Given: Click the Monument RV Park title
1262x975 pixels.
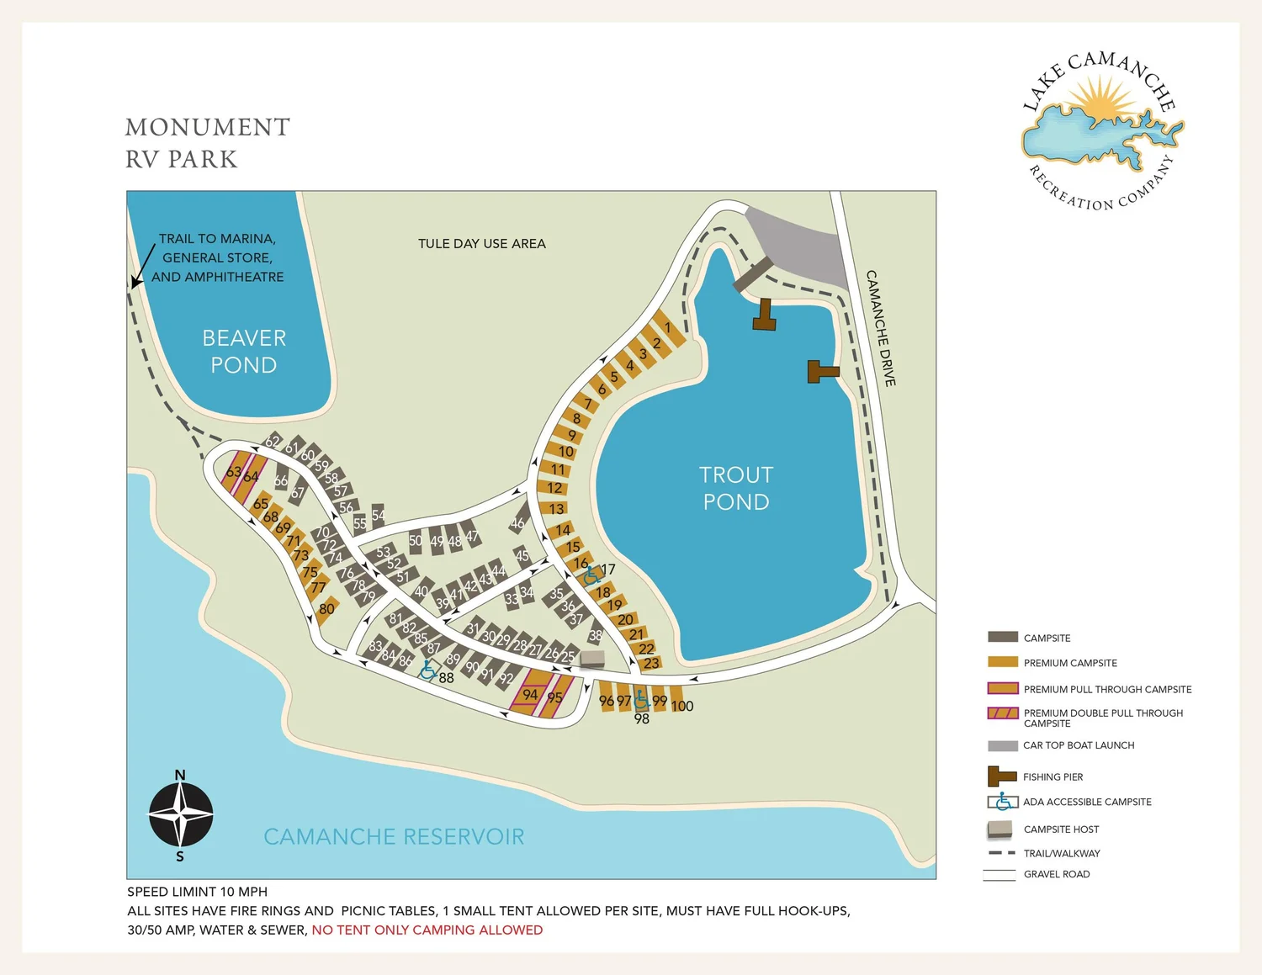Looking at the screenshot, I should point(207,143).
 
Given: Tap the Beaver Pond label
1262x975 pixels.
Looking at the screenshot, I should point(244,351).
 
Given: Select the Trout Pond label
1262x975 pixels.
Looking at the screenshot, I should point(736,488).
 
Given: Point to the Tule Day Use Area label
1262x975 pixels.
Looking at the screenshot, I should point(481,244).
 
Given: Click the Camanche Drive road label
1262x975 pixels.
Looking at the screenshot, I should point(881,328).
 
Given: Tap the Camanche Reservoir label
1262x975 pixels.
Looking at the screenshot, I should point(394,836).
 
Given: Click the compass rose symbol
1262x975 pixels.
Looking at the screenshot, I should point(181,814).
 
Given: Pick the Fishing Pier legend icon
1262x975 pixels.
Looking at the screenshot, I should point(1001,776).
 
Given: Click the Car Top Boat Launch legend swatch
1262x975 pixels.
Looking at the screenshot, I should point(1002,745).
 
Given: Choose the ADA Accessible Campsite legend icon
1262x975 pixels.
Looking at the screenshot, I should point(1002,802).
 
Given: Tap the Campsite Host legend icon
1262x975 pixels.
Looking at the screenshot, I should point(1000,829).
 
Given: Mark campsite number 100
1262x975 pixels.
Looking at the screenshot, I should point(681,706).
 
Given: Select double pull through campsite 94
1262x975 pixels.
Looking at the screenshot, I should point(530,694).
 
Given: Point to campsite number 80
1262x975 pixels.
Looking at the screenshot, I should point(326,609).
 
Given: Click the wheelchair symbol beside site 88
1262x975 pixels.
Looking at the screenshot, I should point(428,670).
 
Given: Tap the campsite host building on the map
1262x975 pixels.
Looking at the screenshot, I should point(592,659).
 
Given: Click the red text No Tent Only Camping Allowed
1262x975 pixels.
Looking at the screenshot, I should point(427,930).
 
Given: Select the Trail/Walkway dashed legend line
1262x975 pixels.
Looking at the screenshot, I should point(1001,853).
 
